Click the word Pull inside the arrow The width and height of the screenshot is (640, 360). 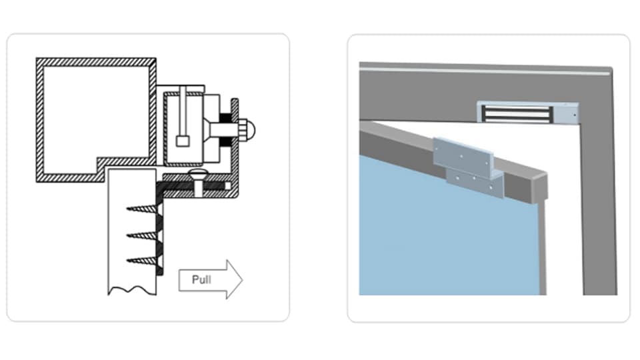click(201, 279)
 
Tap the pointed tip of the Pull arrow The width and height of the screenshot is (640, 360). click(241, 279)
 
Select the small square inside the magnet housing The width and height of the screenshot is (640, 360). click(182, 141)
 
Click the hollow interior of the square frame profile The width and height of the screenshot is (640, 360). click(93, 113)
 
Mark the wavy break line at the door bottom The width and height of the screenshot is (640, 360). click(131, 291)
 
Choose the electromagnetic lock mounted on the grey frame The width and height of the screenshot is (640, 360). click(527, 112)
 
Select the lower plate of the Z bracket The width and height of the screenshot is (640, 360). click(475, 182)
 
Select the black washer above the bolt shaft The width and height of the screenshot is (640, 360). click(225, 118)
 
